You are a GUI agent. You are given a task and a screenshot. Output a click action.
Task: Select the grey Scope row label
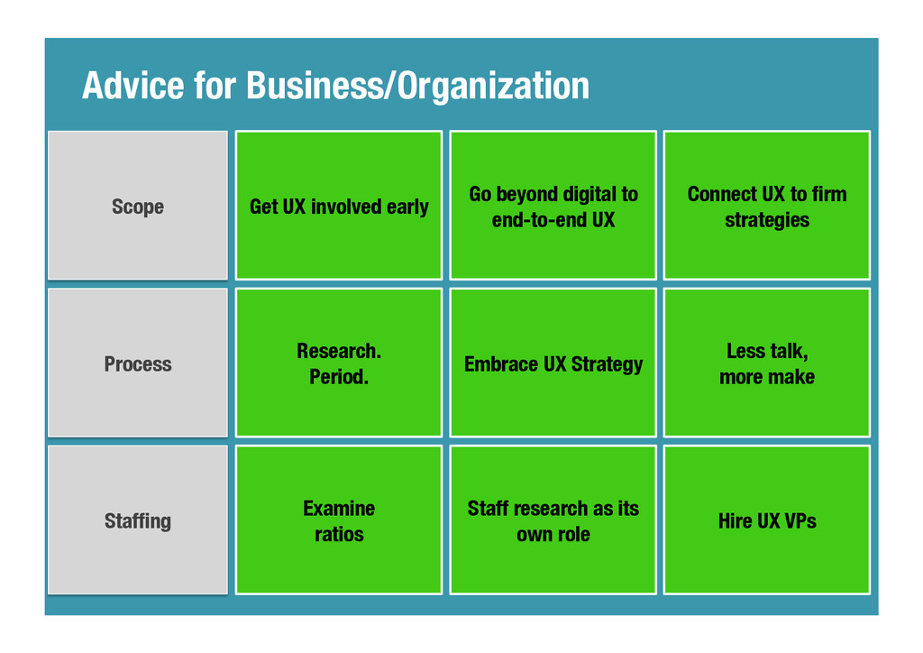[x=138, y=206]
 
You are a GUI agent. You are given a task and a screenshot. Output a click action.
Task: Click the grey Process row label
[x=138, y=363]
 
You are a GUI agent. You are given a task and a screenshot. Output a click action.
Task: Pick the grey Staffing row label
[x=138, y=520]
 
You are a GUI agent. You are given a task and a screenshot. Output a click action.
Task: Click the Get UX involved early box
[x=339, y=206]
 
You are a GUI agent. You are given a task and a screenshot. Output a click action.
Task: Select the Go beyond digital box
[x=553, y=206]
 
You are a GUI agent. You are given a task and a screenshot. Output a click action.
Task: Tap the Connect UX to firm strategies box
[x=766, y=206]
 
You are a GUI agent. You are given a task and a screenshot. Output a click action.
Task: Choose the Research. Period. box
[x=339, y=363]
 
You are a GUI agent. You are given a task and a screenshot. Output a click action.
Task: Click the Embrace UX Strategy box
[x=553, y=363]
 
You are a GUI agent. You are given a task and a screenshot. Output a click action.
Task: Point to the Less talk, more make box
[x=766, y=363]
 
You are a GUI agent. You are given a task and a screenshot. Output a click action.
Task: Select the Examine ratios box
[x=339, y=520]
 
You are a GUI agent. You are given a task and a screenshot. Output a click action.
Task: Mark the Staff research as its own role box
[x=553, y=520]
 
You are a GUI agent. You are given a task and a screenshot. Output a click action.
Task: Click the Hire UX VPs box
[x=766, y=520]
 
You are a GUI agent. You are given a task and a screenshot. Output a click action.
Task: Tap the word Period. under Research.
[x=339, y=377]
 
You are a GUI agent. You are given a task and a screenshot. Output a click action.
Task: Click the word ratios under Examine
[x=339, y=534]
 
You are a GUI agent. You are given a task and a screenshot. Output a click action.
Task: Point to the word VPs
[x=800, y=520]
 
